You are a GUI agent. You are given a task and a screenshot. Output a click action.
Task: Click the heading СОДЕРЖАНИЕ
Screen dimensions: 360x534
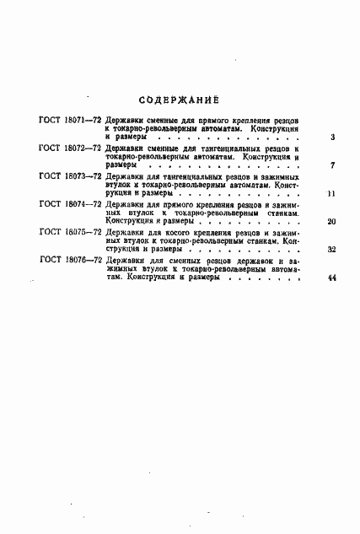pos(179,95)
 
